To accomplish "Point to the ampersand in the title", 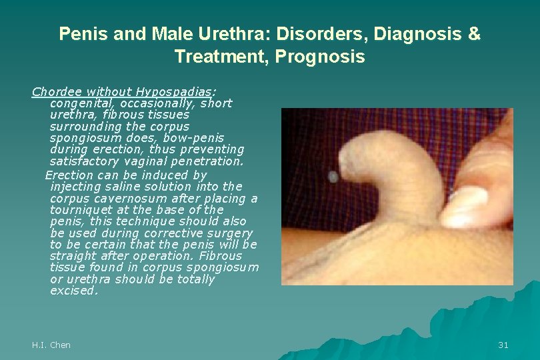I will (x=473, y=34).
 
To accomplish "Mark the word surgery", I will (x=227, y=233).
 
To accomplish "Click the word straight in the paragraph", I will (x=73, y=256).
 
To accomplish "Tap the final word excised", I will (x=73, y=291).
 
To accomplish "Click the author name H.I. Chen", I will (x=51, y=345).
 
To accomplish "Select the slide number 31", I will (x=503, y=345).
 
